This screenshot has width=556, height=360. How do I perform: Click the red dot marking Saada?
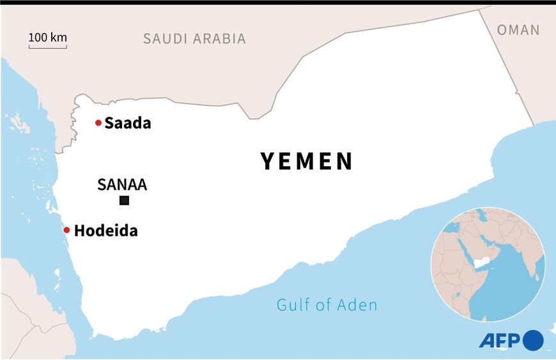point(98,123)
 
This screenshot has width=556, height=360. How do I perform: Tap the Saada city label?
point(128,123)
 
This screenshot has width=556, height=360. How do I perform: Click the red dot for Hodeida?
point(66,230)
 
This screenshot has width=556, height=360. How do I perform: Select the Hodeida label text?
point(105,231)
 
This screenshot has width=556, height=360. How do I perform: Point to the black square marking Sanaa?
point(124,201)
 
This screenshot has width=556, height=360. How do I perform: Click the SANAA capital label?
point(122,185)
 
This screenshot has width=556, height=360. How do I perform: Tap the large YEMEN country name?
point(307,161)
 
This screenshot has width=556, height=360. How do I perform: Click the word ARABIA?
point(220,38)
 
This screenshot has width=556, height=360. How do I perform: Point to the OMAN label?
point(518,29)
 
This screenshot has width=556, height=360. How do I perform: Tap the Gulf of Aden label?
point(327,305)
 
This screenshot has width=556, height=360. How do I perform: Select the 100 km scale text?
point(48,37)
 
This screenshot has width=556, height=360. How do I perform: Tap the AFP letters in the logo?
point(500,340)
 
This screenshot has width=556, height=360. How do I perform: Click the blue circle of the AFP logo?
point(533,340)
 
